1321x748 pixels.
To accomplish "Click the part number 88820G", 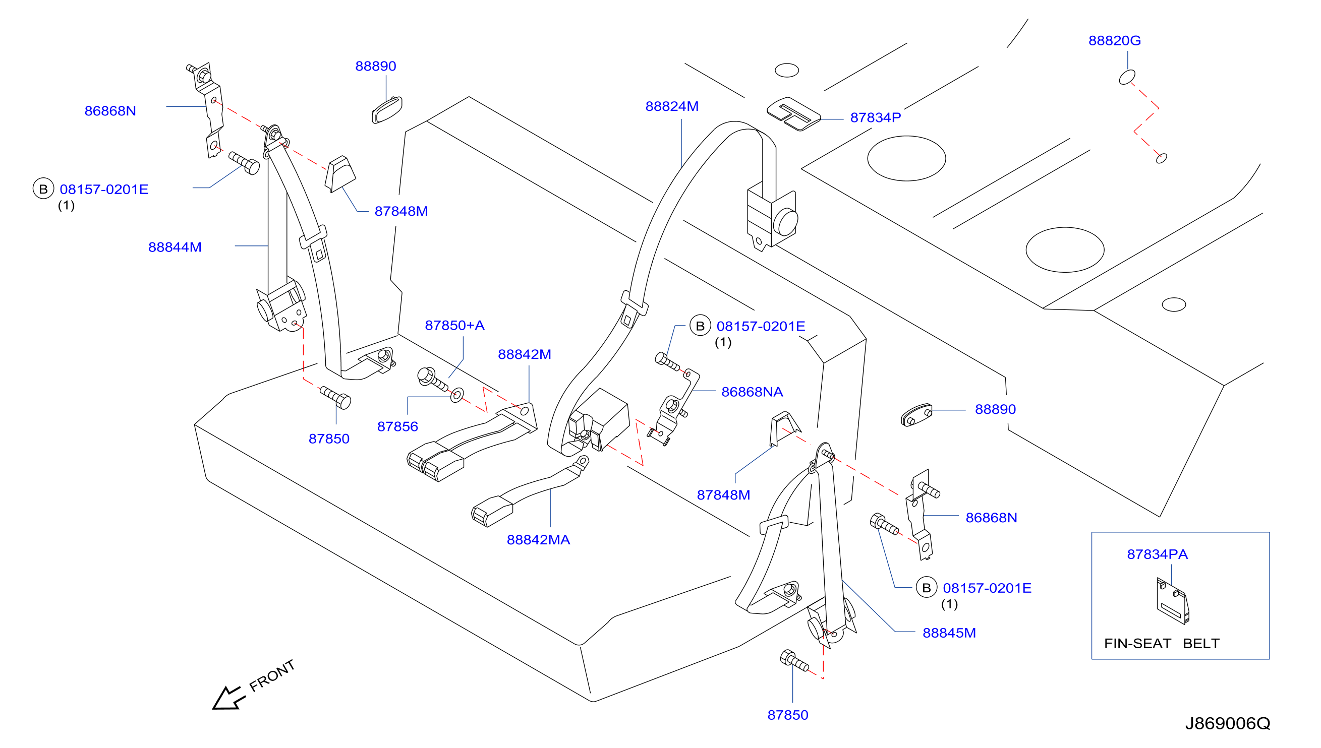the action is pos(1114,41).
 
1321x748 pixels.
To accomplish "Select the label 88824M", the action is pos(671,106).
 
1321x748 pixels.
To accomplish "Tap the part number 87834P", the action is pos(875,117).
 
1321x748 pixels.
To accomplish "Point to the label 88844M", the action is pos(174,247).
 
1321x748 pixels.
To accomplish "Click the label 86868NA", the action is pos(752,392).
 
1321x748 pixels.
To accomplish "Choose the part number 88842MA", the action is pos(538,540).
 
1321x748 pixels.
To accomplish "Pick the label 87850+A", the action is pos(454,325).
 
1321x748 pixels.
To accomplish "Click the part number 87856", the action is pos(397,426).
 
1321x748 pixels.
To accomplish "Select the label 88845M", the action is pos(948,633).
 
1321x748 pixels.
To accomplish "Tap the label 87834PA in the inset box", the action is pos(1157,554).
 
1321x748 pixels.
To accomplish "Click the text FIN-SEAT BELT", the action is pos(1161,644).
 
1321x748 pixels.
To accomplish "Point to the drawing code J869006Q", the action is pos(1227,724).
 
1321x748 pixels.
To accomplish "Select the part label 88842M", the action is pos(524,354).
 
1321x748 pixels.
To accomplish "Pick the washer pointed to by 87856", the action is pos(456,395).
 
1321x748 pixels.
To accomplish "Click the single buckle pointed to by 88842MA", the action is pos(492,511).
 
